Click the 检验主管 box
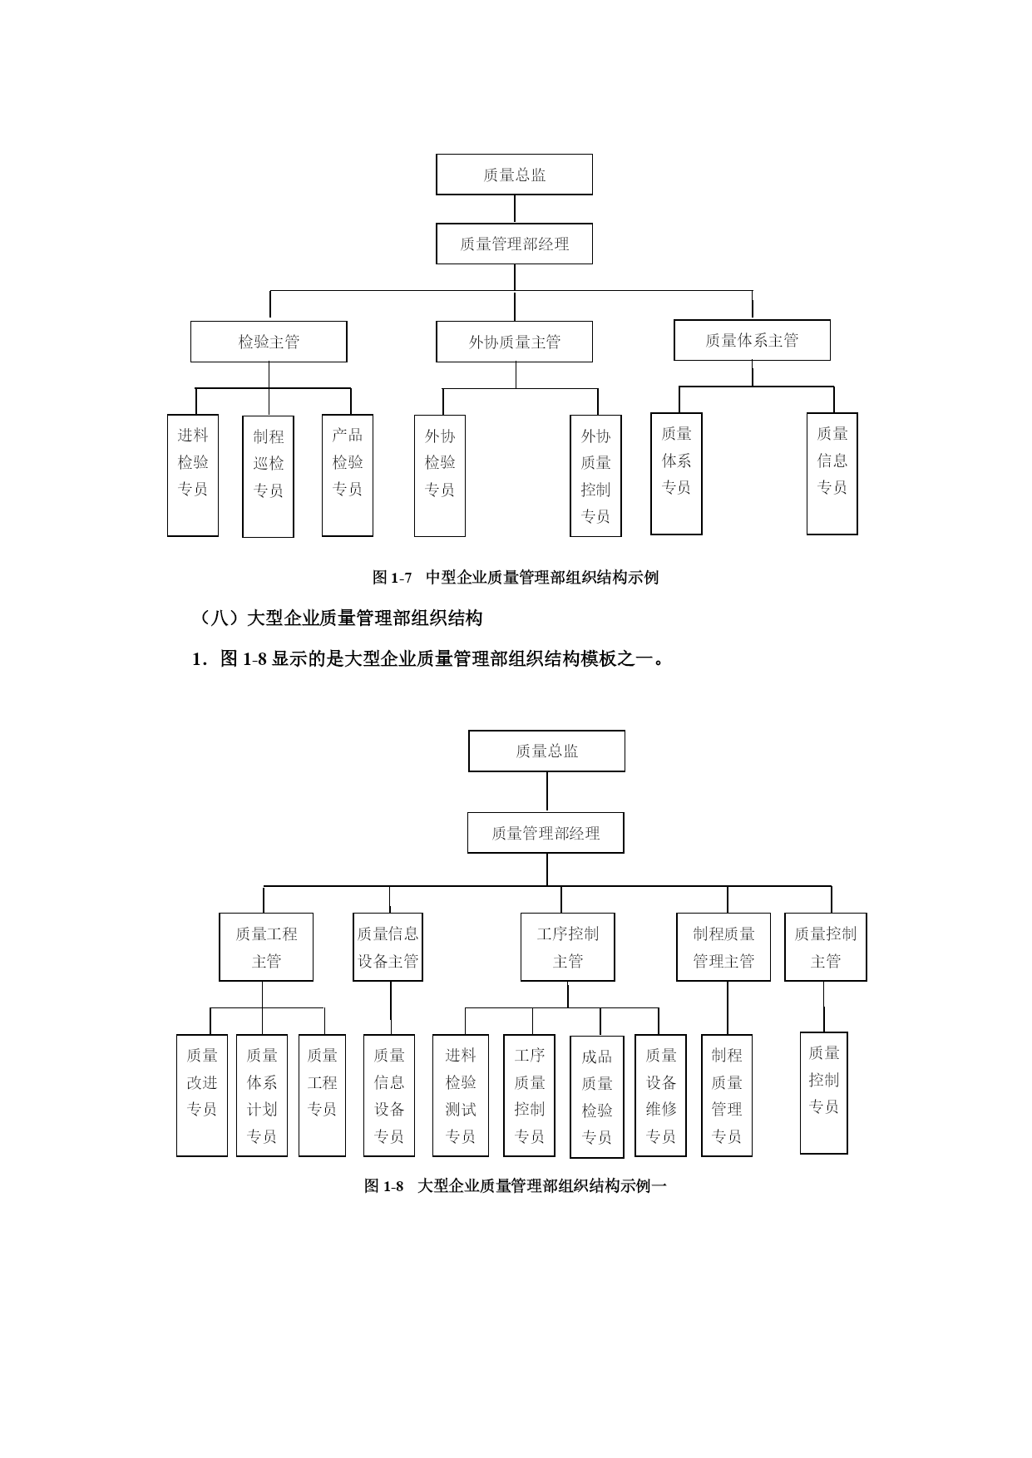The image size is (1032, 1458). point(269,342)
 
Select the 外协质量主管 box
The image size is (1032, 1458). point(514,342)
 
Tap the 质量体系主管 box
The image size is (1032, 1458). point(752,340)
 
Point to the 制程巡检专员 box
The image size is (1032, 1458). point(268,476)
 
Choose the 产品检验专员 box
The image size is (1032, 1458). point(348,475)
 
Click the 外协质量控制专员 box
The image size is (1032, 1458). point(595,475)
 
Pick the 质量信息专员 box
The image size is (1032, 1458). point(832,474)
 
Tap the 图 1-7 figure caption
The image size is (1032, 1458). point(516,577)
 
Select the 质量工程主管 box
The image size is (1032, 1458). point(266,947)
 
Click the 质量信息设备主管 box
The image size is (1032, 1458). point(388,947)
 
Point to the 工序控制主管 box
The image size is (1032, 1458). point(568,947)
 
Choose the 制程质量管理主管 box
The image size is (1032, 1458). point(723,947)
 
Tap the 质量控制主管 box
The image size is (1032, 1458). point(826,947)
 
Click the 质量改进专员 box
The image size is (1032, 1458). point(202,1096)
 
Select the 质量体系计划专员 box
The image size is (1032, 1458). point(262,1096)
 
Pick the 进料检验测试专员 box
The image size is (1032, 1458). point(461,1096)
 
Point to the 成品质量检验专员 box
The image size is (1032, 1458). point(597,1096)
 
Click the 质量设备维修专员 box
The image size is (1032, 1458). point(660,1096)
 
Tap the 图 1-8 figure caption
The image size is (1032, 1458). point(516,1186)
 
